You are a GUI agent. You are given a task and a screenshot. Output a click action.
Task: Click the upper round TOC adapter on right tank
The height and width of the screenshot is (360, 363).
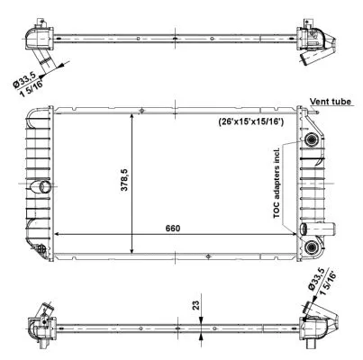pyautogui.click(x=313, y=142)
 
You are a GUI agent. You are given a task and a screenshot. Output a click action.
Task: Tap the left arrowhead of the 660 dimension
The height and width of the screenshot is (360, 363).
pyautogui.click(x=59, y=234)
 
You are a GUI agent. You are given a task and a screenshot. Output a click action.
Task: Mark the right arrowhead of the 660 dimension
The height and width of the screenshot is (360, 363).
pyautogui.click(x=295, y=234)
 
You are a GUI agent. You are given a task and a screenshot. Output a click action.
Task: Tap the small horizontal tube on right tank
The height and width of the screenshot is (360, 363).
pyautogui.click(x=306, y=229)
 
